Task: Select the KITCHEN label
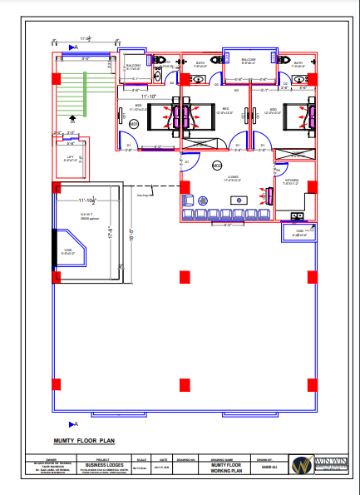[x=291, y=180]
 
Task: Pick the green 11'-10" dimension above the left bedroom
[x=149, y=97]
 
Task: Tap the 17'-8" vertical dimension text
[x=111, y=236]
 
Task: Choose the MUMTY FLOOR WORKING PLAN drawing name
[x=225, y=468]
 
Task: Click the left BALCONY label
[x=133, y=64]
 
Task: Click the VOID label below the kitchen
[x=299, y=232]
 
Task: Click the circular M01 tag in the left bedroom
[x=133, y=124]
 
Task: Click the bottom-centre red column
[x=184, y=384]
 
